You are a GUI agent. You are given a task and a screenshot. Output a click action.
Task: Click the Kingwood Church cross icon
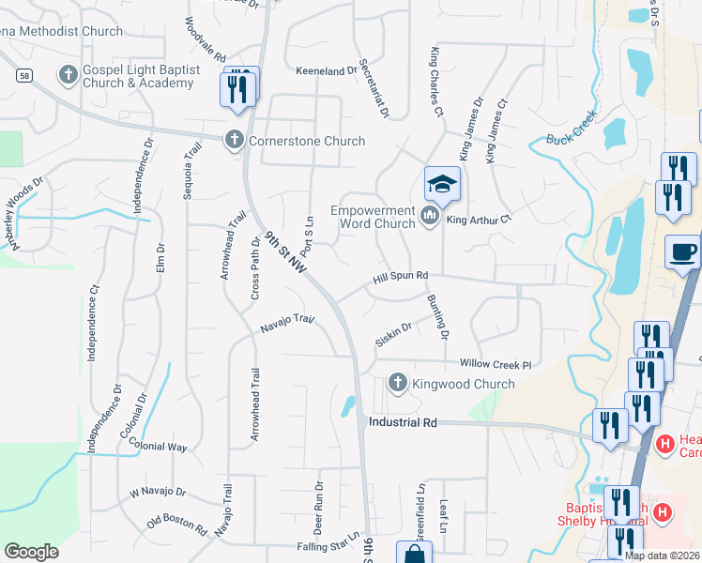point(397,383)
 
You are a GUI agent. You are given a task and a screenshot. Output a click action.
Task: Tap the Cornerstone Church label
point(306,141)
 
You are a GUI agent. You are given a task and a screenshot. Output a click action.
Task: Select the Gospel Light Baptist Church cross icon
point(68,74)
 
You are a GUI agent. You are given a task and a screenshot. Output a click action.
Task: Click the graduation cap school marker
point(442,183)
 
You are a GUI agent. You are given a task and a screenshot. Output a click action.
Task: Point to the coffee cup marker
point(682,251)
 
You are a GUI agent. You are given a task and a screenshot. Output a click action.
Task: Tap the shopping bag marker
point(414,554)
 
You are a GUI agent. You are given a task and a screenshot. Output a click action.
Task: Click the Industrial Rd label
point(404,423)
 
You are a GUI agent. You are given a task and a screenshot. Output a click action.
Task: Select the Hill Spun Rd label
point(400,276)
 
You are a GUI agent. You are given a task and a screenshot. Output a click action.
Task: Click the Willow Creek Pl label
point(496,364)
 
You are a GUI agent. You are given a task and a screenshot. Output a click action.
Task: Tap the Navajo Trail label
point(286,325)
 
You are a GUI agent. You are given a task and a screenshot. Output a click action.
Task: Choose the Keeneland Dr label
point(327,70)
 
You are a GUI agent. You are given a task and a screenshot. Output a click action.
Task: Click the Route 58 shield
point(23,74)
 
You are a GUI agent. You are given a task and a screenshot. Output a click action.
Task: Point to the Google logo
point(31,552)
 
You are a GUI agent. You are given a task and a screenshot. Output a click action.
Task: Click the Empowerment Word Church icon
point(431,217)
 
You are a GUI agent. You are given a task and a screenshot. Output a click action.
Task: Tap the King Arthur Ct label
point(478,220)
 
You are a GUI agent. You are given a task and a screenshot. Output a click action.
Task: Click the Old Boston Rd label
point(177,523)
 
